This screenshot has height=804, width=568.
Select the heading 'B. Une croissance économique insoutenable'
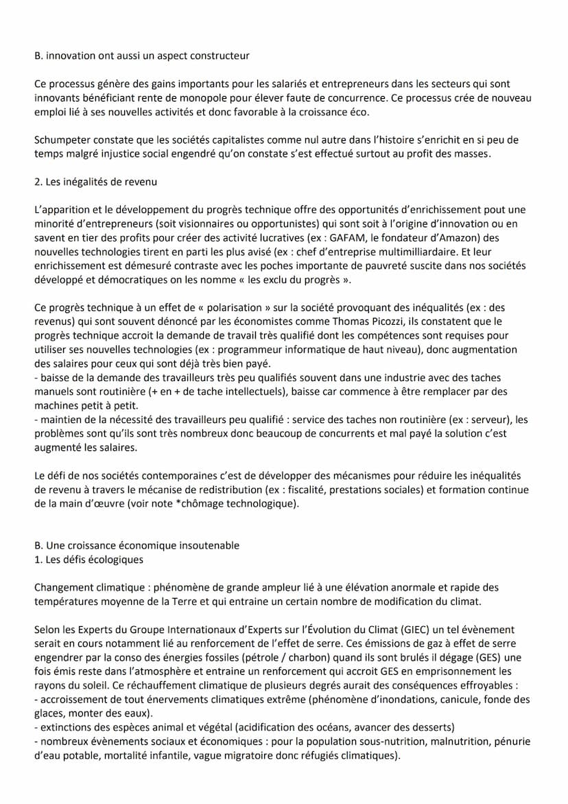click(x=137, y=545)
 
